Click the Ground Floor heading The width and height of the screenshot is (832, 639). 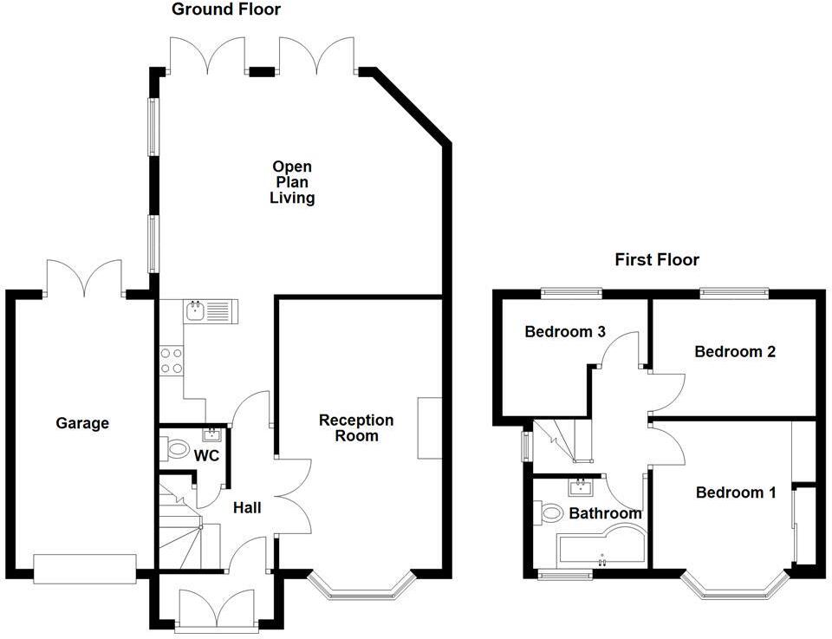[x=226, y=10]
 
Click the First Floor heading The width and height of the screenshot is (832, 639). [x=656, y=259]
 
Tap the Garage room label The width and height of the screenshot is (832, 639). [x=82, y=423]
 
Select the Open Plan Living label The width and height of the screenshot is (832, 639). [x=292, y=182]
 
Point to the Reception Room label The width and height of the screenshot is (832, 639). [x=355, y=427]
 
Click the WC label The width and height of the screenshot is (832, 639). [x=205, y=455]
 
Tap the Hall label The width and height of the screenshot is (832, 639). [x=246, y=508]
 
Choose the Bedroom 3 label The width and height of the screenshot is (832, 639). [x=564, y=331]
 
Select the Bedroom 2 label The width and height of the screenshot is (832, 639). [x=734, y=351]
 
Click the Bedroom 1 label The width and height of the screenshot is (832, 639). [x=735, y=492]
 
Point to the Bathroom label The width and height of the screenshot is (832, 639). [x=605, y=513]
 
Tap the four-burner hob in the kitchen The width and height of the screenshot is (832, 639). [x=171, y=360]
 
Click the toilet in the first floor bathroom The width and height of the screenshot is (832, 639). [x=549, y=513]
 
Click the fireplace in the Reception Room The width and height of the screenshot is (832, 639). [x=429, y=427]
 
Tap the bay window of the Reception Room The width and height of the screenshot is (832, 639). [x=363, y=590]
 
